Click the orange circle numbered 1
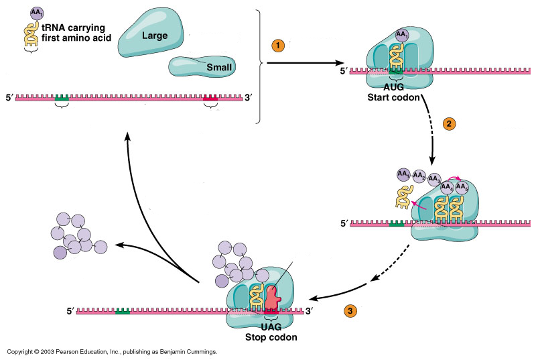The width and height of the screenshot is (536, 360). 277,46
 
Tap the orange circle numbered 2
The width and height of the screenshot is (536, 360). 450,123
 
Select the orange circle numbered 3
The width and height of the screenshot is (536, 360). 350,311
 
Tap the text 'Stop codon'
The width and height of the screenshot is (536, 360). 271,337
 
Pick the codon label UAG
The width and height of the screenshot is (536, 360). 271,327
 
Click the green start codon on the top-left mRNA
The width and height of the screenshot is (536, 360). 62,98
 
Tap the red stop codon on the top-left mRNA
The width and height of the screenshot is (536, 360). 211,98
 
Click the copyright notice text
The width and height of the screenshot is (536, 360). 112,351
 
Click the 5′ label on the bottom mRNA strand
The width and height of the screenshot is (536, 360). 70,311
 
